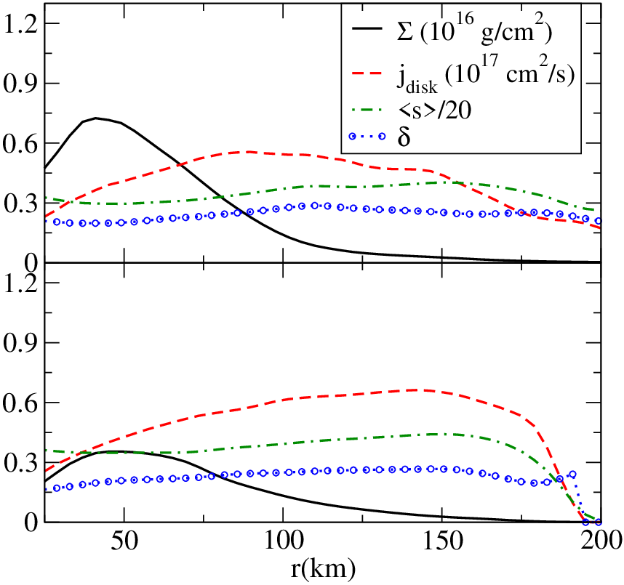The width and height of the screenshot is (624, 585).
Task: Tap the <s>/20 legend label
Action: (434, 108)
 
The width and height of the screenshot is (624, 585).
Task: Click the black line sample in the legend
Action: (367, 28)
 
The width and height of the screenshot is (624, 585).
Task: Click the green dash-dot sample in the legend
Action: (367, 108)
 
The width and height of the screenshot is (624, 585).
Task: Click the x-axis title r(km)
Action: (323, 569)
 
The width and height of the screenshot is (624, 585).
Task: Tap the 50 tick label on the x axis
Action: (124, 541)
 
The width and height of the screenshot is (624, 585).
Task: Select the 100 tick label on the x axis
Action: (283, 541)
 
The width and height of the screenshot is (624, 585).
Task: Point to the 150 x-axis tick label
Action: (442, 541)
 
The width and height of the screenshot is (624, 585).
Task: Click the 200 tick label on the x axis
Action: (601, 541)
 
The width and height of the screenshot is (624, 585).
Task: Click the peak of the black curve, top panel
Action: (95, 118)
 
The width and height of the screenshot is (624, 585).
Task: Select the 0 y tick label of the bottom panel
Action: (31, 522)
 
